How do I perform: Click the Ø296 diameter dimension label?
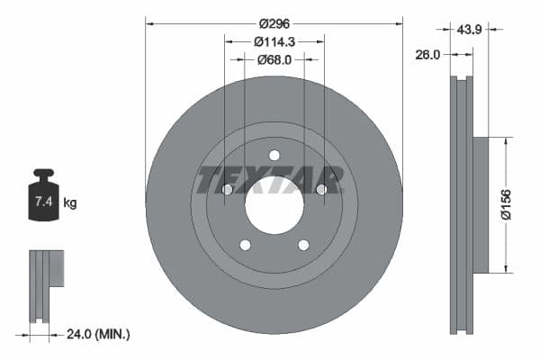(274, 23)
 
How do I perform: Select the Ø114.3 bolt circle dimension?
(274, 41)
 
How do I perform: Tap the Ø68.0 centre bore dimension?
(274, 59)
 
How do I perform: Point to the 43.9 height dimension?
(470, 29)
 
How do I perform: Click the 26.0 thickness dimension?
(427, 54)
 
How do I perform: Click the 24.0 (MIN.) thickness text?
(99, 334)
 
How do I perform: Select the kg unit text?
(69, 203)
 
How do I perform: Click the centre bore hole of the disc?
(274, 204)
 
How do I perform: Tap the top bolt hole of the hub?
(274, 154)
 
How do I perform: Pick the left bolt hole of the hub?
(227, 189)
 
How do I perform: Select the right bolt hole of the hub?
(321, 189)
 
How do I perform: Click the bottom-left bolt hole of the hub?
(245, 245)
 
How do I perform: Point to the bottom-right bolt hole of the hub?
(303, 245)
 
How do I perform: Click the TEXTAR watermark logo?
(270, 180)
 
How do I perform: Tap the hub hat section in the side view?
(480, 204)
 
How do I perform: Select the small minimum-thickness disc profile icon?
(47, 284)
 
